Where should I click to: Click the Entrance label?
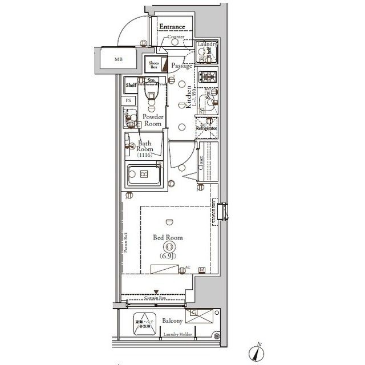point(172,27)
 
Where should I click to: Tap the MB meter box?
point(118,59)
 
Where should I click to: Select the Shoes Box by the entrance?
point(153,64)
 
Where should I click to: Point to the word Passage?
point(182,66)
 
